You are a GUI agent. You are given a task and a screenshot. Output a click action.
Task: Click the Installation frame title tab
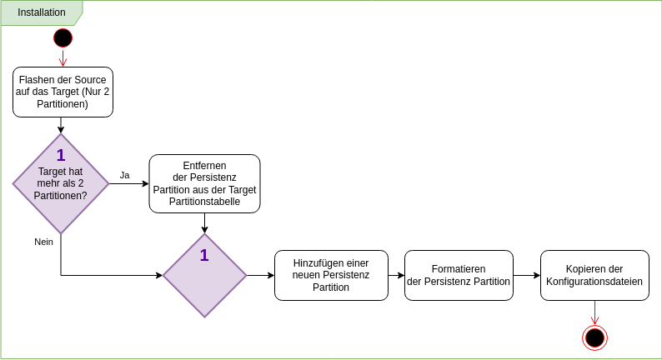tap(41, 12)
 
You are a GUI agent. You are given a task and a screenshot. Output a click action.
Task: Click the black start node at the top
tap(63, 37)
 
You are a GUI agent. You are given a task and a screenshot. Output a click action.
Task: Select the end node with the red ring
tap(594, 337)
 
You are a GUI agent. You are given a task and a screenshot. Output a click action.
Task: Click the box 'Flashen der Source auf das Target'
tap(63, 92)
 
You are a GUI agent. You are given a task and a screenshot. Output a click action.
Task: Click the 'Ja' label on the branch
tap(124, 175)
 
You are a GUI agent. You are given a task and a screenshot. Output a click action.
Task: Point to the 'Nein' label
tap(43, 242)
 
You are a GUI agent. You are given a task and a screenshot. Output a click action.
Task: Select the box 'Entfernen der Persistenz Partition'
tap(204, 183)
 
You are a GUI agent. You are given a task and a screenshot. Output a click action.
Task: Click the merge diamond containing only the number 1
tap(204, 275)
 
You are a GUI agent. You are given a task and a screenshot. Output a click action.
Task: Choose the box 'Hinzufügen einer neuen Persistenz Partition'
tap(331, 275)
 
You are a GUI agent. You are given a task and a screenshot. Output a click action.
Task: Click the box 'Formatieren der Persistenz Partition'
tap(458, 275)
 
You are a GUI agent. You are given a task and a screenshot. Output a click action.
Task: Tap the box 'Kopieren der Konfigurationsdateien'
tap(594, 275)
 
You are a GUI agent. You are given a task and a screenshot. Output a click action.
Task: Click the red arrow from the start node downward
tap(63, 57)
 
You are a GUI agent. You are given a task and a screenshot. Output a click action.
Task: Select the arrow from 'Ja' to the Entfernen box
tap(129, 183)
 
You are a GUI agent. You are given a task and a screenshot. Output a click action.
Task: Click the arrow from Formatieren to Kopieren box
tap(526, 275)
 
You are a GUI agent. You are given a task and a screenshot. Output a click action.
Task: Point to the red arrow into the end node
tap(594, 312)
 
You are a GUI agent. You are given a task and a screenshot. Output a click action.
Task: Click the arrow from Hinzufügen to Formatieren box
tap(396, 275)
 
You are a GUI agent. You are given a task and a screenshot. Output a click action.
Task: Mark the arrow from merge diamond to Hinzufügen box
tap(260, 275)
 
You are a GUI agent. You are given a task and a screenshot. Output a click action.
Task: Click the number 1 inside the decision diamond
tap(61, 155)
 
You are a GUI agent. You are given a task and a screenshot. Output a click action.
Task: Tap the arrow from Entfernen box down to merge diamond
tap(204, 222)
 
